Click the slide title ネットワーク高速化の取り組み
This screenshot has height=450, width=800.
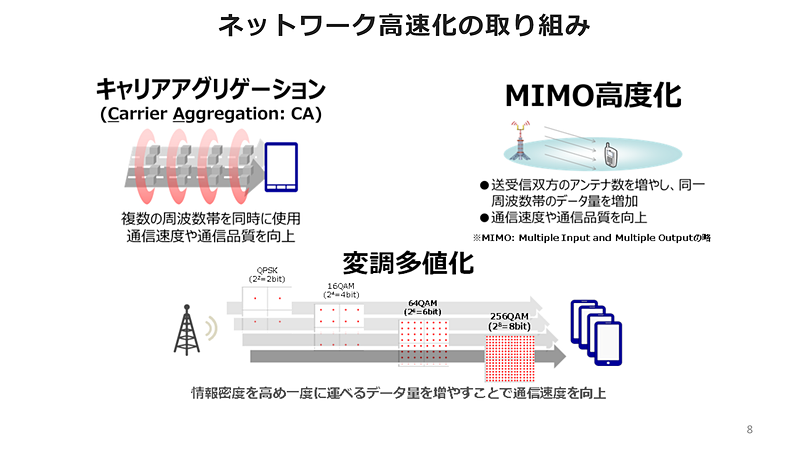coord(404,26)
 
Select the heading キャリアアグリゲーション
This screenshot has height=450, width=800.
coord(211,89)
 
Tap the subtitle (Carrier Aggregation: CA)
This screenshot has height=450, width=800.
coord(211,114)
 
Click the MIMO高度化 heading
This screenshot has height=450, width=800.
coord(593,95)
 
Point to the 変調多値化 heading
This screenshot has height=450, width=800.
coord(408,263)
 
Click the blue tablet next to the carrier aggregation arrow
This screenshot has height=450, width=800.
coord(281,167)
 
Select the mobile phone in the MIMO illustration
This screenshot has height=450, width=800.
coord(611,155)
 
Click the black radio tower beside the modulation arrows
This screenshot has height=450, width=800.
coord(187,330)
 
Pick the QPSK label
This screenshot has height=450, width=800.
coord(267,274)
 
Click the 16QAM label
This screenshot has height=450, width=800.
coord(341,290)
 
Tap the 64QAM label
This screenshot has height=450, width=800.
coord(422,307)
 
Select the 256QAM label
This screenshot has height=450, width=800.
coord(509,321)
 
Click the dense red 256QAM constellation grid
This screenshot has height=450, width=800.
coord(510,358)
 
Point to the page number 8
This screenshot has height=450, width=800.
coord(749,429)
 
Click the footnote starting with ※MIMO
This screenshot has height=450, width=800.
coord(591,238)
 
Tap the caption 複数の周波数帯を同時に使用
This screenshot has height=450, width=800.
coord(211,218)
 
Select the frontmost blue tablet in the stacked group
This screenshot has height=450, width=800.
coord(608,343)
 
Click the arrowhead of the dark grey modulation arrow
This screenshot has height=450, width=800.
coord(559,356)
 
